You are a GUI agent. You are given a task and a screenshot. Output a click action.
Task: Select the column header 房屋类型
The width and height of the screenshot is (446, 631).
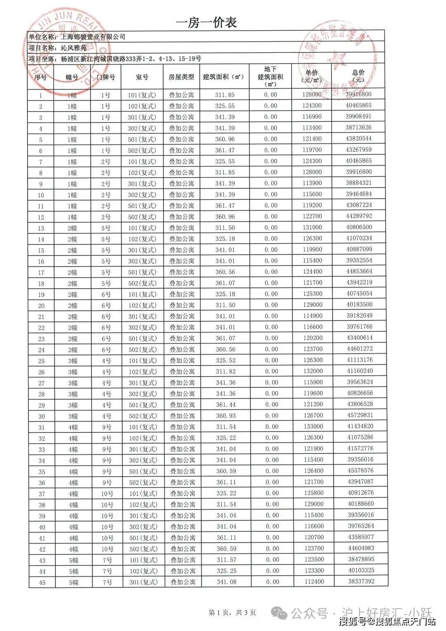coord(181,77)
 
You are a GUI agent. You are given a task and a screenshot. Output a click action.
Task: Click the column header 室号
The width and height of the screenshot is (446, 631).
coord(142,77)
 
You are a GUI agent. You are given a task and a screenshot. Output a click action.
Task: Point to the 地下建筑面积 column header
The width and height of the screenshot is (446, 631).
coord(270,76)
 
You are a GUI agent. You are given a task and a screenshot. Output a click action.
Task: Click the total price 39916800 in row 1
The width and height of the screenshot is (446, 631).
coord(358,94)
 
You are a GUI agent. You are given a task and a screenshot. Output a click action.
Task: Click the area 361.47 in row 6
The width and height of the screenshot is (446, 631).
coord(225,150)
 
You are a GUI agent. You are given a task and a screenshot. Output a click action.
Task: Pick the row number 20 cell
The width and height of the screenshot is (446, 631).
coord(41,306)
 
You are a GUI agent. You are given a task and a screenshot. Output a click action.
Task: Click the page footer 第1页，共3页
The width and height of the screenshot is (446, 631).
coord(232,612)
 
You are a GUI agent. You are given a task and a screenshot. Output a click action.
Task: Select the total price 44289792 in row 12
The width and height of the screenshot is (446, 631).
coord(359,216)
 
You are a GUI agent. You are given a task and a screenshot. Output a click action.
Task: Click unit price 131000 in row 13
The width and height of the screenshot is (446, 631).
coord(312,227)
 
